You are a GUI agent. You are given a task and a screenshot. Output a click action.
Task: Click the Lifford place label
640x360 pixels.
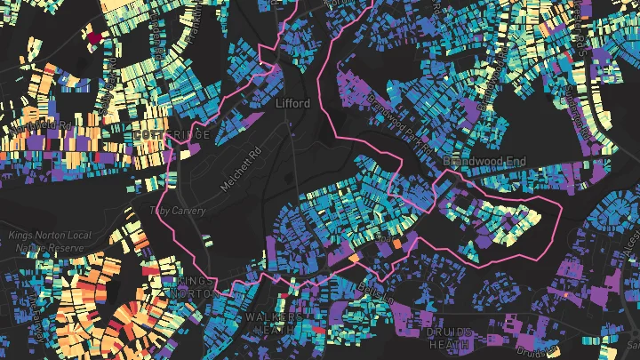(293, 104)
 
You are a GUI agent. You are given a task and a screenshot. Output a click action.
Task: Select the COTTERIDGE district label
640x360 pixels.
(174, 135)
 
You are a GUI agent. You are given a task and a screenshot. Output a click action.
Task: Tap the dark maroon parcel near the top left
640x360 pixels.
(93, 37)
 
